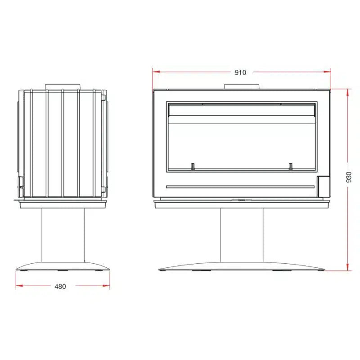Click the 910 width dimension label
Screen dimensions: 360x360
(240, 72)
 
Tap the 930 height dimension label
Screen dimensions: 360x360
(349, 179)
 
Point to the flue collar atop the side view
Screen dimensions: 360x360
(63, 86)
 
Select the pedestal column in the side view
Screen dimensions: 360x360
(63, 234)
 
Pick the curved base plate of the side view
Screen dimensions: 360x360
(63, 267)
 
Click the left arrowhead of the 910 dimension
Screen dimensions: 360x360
(155, 71)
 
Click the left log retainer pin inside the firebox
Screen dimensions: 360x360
(193, 166)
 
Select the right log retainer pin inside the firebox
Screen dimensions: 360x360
(290, 166)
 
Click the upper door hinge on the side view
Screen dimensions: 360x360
(103, 97)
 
